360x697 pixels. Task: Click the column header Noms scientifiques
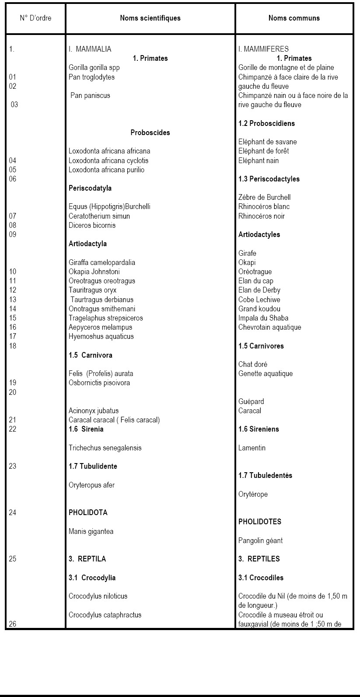pos(150,18)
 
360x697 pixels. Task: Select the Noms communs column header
pos(294,18)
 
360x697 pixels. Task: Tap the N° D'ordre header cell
pos(35,18)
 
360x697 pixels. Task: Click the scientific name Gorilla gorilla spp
pos(94,68)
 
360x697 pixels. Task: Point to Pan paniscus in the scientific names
pos(90,95)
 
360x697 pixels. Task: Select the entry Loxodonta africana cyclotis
pos(108,160)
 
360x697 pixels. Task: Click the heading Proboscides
pos(150,132)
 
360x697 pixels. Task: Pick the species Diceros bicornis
pos(92,226)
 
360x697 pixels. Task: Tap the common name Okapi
pos(247,263)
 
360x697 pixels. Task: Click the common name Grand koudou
pos(259,309)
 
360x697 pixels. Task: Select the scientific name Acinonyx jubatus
pos(94,411)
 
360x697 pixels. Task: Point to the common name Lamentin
pos(252,448)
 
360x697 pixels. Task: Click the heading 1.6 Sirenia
pos(86,429)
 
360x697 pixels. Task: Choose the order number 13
pos(13,300)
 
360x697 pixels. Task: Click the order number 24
pos(13,512)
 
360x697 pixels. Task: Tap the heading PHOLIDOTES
pos(260,522)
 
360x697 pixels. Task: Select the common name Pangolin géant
pos(261,540)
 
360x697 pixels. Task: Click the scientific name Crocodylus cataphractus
pos(105,615)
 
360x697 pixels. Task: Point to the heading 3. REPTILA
pos(87,559)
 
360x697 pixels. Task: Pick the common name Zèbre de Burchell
pos(265,197)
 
